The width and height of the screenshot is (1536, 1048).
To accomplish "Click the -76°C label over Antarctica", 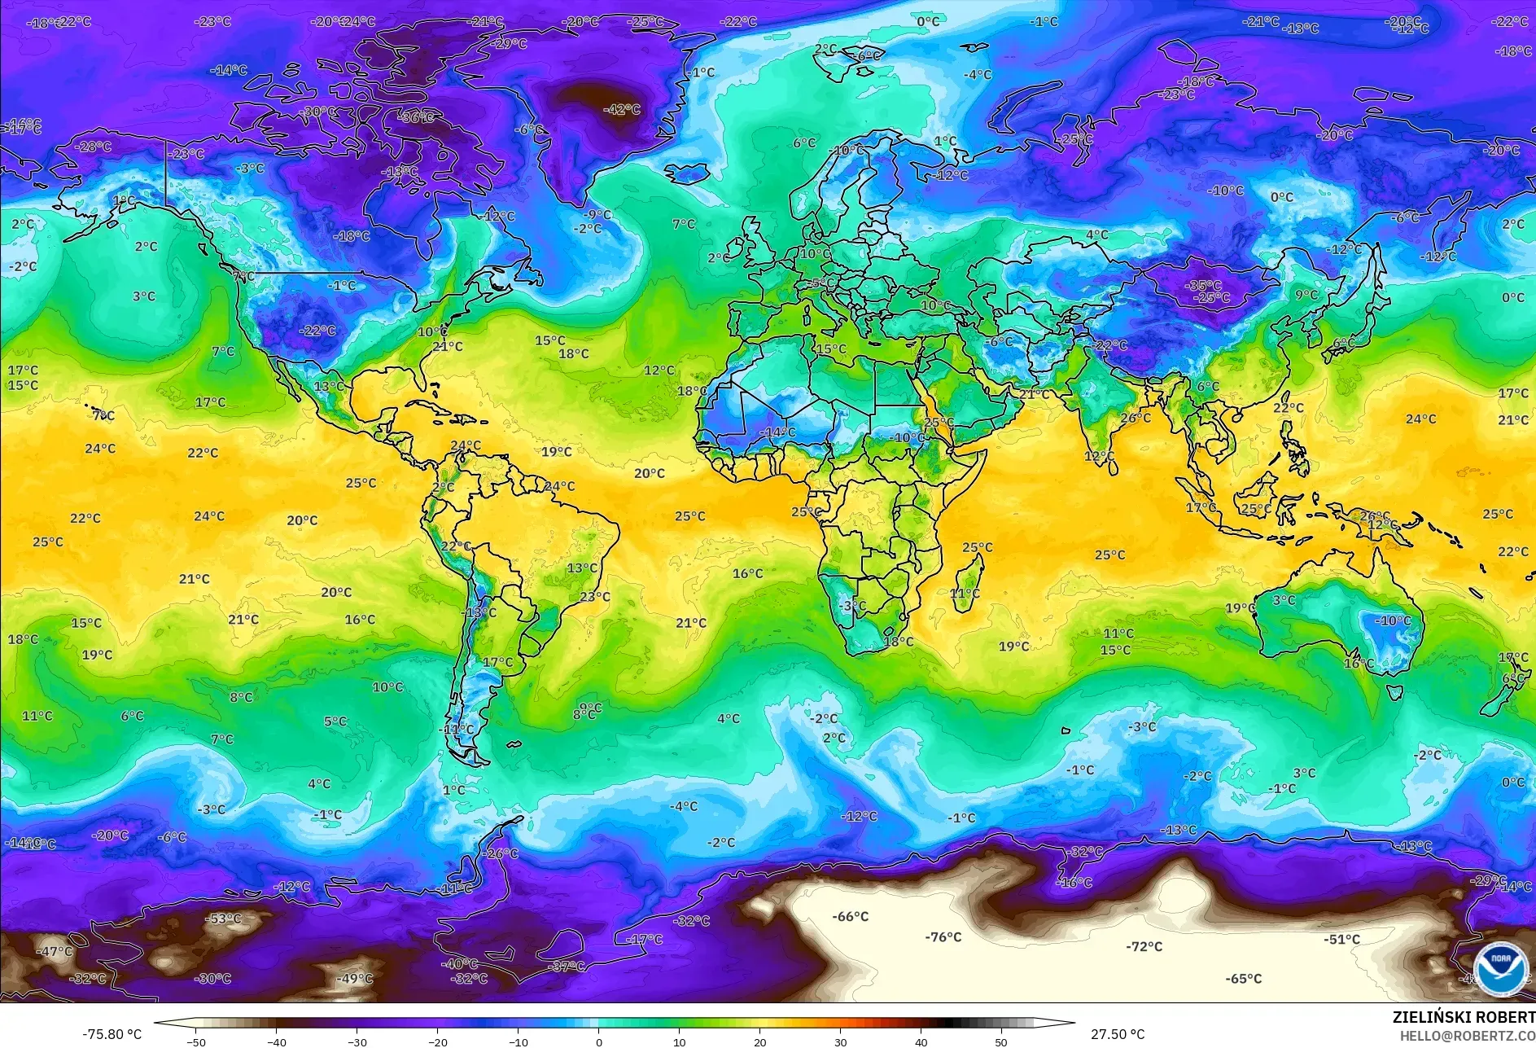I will tap(943, 937).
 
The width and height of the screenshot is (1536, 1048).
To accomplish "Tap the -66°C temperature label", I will tap(850, 917).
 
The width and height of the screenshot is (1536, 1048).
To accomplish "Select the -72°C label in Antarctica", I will tap(1144, 946).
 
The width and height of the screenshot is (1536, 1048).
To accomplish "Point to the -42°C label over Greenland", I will tap(621, 109).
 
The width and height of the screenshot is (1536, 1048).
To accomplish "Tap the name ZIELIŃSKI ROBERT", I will tap(1463, 1017).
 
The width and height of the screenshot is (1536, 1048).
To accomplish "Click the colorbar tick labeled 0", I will tap(599, 1041).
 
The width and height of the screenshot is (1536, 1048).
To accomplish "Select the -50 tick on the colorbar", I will tap(195, 1041).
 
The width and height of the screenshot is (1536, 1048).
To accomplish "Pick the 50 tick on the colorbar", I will tap(1000, 1041).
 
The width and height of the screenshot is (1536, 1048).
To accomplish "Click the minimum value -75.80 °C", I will tap(112, 1034).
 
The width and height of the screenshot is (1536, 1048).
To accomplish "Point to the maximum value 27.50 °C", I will tap(1117, 1034).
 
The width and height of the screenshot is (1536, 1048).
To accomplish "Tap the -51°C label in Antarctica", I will tap(1341, 939).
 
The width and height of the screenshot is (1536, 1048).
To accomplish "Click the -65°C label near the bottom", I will tap(1243, 979).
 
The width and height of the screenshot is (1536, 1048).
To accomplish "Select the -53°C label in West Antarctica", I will tap(223, 919).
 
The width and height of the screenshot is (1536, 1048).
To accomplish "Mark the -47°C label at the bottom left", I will tap(55, 951).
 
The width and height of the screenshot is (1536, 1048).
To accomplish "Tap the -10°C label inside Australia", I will tap(1393, 620).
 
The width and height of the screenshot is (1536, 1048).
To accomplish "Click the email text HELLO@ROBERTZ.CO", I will tap(1467, 1036).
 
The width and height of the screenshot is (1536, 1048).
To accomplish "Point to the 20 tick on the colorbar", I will tap(760, 1041).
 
